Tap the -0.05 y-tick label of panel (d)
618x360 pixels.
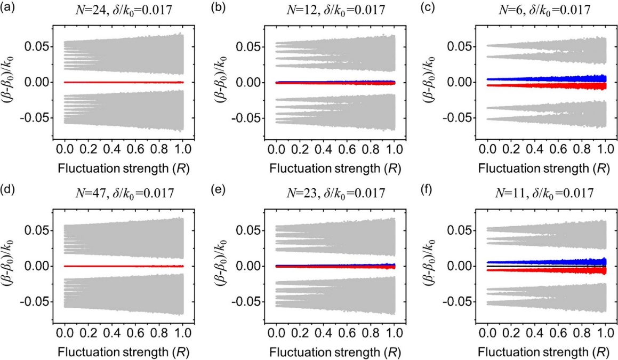pos(35,301)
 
